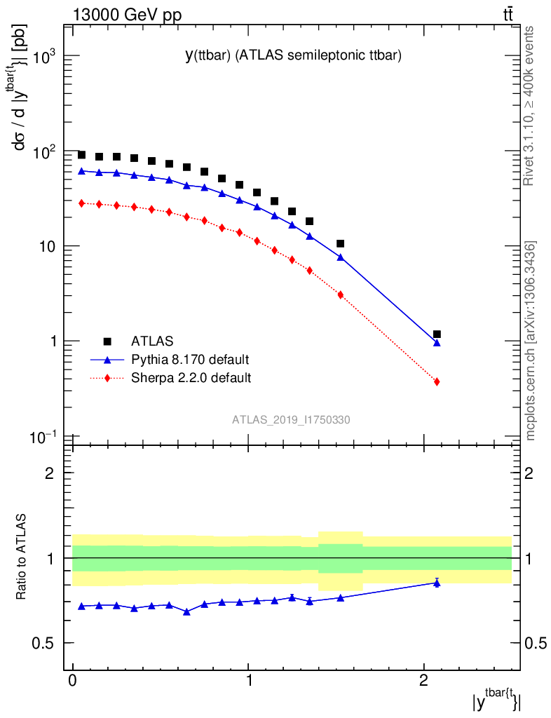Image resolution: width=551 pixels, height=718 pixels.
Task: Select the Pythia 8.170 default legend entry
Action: [189, 360]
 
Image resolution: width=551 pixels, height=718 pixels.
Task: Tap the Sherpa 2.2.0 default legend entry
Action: [191, 379]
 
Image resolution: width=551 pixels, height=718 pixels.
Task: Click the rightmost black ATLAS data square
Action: [437, 334]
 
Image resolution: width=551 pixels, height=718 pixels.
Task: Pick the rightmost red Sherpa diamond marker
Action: [437, 381]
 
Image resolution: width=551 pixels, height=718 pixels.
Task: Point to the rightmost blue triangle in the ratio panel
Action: [437, 583]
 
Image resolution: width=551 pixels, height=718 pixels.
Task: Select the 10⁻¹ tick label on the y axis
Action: [43, 437]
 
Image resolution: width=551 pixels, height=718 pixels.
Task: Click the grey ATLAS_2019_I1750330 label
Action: [291, 420]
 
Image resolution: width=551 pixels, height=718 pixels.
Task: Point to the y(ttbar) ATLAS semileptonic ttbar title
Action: [292, 57]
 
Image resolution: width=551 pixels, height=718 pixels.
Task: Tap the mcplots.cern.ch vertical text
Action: [531, 341]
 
